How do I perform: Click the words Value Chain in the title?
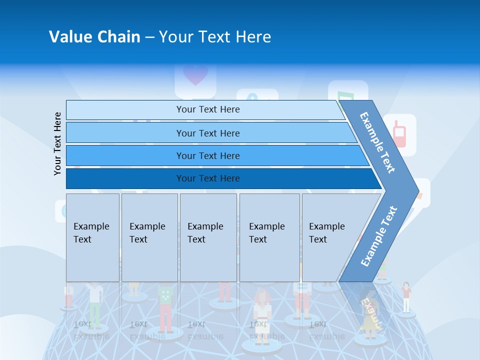tap(94, 37)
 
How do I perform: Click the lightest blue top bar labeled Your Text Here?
tap(207, 109)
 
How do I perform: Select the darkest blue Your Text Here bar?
tap(207, 178)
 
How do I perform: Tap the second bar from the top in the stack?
tap(207, 133)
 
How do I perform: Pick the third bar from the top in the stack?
tap(207, 155)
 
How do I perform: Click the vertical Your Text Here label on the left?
tap(57, 143)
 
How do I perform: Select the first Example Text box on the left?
tap(92, 237)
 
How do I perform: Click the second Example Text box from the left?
tap(149, 237)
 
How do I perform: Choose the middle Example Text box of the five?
tap(208, 237)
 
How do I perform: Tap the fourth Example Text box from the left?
tap(269, 237)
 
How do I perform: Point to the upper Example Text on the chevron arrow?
tap(377, 142)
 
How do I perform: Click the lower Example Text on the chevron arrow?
tap(378, 236)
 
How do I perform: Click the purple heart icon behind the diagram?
tap(195, 75)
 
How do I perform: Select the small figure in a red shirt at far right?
tap(406, 297)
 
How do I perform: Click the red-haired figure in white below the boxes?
tap(262, 312)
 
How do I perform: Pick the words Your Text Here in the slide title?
tap(215, 37)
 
